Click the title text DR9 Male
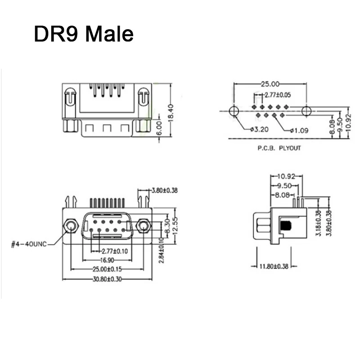pos(84,34)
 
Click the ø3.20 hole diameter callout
pos(260,130)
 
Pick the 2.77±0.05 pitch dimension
pos(278,95)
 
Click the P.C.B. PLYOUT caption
pos(279,148)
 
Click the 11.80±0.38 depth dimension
pos(273,266)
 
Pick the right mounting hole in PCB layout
pos(306,111)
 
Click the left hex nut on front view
pos(70,225)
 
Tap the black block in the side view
pos(285,226)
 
